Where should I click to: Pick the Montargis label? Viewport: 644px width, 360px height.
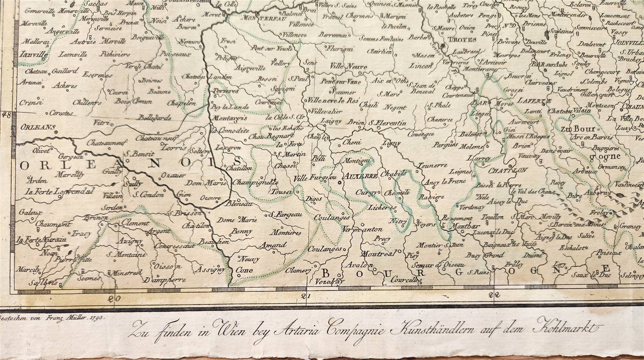[230, 118]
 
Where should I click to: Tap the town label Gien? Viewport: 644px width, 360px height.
[184, 194]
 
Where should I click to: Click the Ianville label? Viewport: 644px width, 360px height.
[34, 55]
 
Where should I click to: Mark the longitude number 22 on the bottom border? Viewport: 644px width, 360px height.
[494, 295]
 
